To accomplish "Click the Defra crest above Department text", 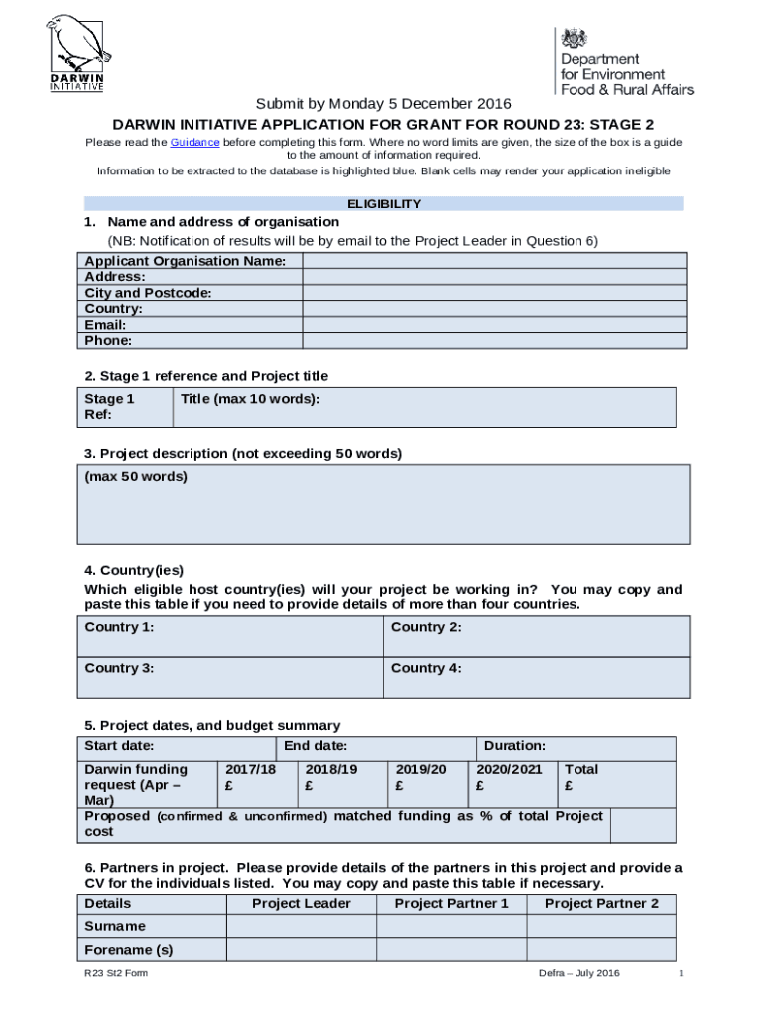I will pyautogui.click(x=574, y=39).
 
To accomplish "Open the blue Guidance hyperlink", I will pyautogui.click(x=194, y=143).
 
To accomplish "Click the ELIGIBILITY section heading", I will pyautogui.click(x=384, y=204).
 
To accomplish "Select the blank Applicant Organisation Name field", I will pyautogui.click(x=495, y=261).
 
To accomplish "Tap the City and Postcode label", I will pyautogui.click(x=148, y=293).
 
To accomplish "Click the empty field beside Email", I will pyautogui.click(x=495, y=325).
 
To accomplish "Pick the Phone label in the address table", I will pyautogui.click(x=108, y=341).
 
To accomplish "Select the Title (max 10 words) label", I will pyautogui.click(x=250, y=399).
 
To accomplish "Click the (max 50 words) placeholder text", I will pyautogui.click(x=136, y=477).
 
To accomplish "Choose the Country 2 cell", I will pyautogui.click(x=537, y=636).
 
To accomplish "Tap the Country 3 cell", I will pyautogui.click(x=230, y=677).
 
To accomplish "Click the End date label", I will pyautogui.click(x=316, y=746).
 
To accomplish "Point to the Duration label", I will pyautogui.click(x=514, y=746).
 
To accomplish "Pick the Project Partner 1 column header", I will pyautogui.click(x=452, y=904).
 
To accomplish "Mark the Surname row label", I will pyautogui.click(x=115, y=927).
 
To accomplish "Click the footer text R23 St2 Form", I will pyautogui.click(x=116, y=974).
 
